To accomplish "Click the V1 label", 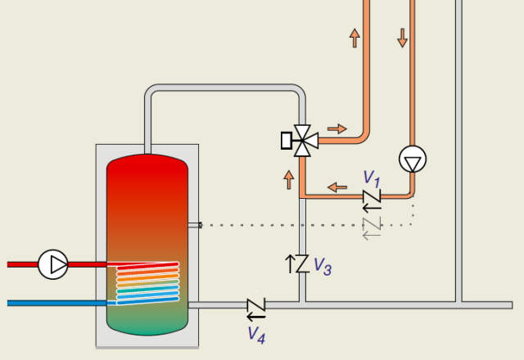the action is pos(372,179).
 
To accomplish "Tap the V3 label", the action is pos(323,267).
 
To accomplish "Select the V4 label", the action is pos(256,335).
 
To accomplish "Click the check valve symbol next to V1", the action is pos(372,196).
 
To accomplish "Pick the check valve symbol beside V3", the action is pos(302,263).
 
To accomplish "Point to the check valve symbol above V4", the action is pos(256,304).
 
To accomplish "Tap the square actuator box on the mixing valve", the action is pos(287,141).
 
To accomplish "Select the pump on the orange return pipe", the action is pos(413,159).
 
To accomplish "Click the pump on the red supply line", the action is pos(53,264).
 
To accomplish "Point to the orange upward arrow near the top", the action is pos(355,38).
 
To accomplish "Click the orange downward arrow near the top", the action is pos(402,38).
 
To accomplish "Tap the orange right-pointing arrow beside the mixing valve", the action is pos(337,129).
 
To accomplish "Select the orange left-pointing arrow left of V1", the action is pos(337,187).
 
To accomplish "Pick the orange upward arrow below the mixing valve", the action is pos(289,180).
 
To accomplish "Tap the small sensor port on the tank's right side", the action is pos(195,225).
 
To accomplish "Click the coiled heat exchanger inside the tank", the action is pos(147,283).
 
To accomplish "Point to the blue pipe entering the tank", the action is pos(57,304).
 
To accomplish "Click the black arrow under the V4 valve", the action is pos(256,316).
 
